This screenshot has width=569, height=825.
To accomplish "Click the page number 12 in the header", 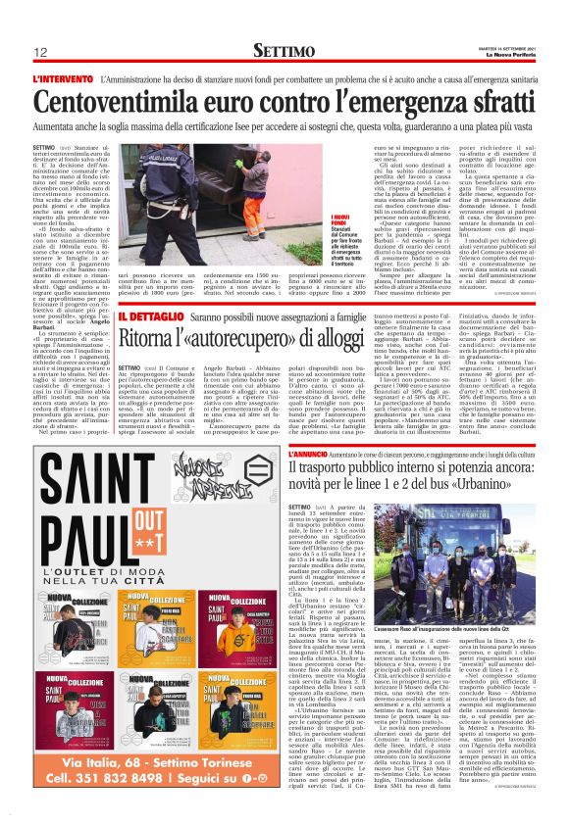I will click(x=41, y=51).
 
